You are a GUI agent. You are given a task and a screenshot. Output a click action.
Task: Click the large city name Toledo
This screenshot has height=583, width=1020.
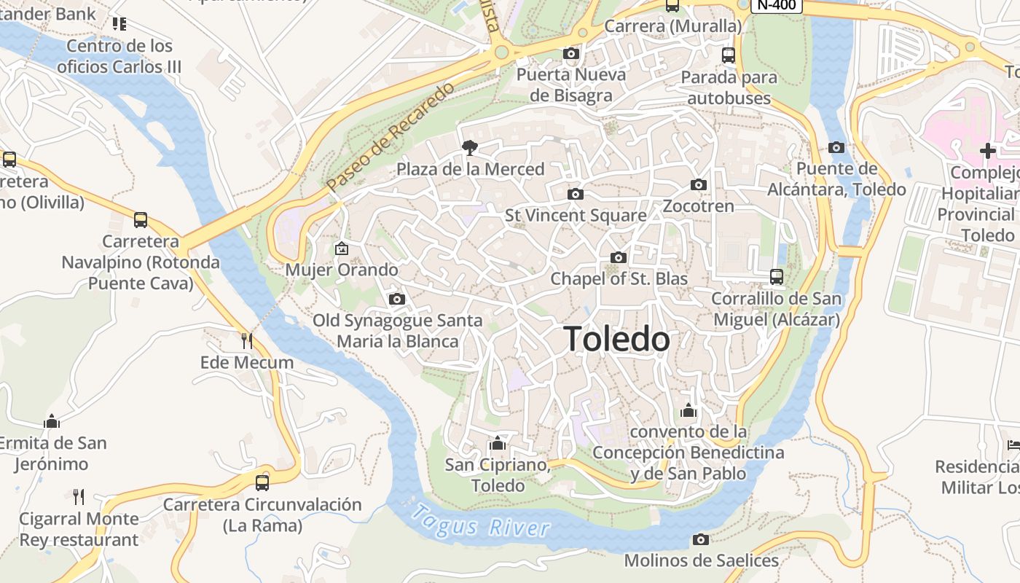pyautogui.click(x=616, y=340)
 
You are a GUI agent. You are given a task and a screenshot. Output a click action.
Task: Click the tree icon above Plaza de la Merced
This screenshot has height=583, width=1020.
pyautogui.click(x=470, y=148)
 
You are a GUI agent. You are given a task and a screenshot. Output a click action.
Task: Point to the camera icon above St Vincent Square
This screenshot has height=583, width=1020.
pyautogui.click(x=575, y=194)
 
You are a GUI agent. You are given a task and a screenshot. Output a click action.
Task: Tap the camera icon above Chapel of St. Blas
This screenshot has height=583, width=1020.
pyautogui.click(x=618, y=257)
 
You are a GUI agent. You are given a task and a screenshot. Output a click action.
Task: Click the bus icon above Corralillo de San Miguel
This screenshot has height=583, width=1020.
pyautogui.click(x=777, y=277)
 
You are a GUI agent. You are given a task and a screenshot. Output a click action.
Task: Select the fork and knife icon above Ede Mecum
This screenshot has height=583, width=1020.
pyautogui.click(x=247, y=340)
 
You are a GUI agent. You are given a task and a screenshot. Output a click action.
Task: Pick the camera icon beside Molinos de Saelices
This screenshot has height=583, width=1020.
pyautogui.click(x=700, y=539)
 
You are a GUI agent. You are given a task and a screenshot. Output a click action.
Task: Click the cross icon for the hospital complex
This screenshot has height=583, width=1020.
pyautogui.click(x=988, y=151)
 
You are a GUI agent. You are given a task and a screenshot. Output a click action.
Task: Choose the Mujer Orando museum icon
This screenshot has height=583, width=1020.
pyautogui.click(x=341, y=249)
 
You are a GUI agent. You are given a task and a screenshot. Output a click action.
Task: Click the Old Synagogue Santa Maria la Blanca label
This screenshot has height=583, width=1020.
pyautogui.click(x=398, y=331)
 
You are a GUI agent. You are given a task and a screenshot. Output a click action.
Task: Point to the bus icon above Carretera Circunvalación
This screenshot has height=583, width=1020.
pyautogui.click(x=262, y=482)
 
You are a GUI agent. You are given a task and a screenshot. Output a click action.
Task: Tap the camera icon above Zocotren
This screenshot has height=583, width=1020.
pyautogui.click(x=698, y=184)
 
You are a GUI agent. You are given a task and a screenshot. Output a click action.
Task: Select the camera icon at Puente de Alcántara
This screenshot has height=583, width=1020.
pyautogui.click(x=836, y=147)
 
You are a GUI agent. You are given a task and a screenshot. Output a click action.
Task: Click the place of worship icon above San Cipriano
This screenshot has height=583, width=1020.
pyautogui.click(x=498, y=443)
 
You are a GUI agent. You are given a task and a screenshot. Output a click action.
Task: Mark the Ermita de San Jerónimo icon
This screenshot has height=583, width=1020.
pyautogui.click(x=51, y=421)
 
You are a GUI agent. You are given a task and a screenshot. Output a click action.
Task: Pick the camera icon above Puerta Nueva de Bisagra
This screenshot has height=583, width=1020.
pyautogui.click(x=571, y=53)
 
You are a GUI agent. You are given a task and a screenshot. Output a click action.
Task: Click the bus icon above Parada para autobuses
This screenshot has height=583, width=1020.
pyautogui.click(x=728, y=55)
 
